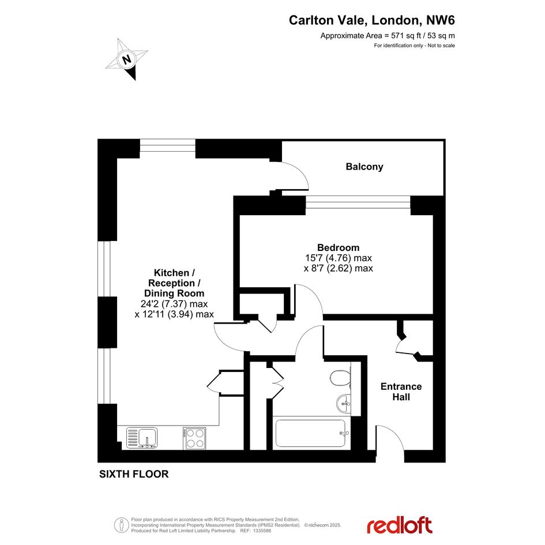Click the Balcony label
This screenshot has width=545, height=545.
click(x=364, y=167)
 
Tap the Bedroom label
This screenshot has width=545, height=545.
click(x=338, y=247)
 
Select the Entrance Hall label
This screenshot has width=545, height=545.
click(x=401, y=392)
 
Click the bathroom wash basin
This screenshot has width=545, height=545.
click(x=344, y=404)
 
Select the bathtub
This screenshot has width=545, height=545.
click(x=311, y=433)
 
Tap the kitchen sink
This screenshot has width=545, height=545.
click(x=142, y=438)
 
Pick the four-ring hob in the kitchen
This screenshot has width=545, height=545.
click(x=195, y=439)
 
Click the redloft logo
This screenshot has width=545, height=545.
click(x=399, y=525)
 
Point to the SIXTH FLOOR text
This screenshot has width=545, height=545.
click(x=134, y=474)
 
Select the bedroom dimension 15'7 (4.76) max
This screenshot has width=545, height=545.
click(x=339, y=258)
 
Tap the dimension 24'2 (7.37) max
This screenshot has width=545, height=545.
click(x=174, y=304)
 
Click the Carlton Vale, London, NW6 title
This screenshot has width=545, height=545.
click(x=371, y=20)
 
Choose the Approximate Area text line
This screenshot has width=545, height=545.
click(x=388, y=35)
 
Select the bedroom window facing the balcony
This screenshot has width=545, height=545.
click(x=358, y=202)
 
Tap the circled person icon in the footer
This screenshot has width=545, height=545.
click(x=121, y=525)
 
